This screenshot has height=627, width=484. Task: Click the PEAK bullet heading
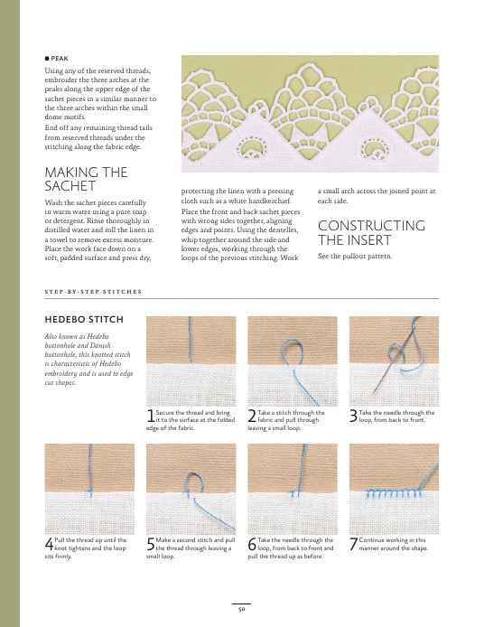tap(57, 59)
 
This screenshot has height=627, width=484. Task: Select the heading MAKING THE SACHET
tap(86, 179)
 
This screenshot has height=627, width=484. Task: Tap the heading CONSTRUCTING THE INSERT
tap(371, 233)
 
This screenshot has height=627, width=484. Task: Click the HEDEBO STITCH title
tap(84, 320)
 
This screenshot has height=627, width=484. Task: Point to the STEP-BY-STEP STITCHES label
tap(93, 292)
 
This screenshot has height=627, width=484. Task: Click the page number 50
tap(241, 609)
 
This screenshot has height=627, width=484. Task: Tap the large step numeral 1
tap(150, 416)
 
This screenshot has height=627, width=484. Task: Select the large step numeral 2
tap(252, 416)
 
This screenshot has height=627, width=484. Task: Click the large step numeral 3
tap(353, 416)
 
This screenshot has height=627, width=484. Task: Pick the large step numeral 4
tap(49, 544)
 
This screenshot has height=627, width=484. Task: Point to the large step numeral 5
tap(150, 544)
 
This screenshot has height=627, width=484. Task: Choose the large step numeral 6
tap(252, 544)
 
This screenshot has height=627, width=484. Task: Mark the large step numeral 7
tap(353, 544)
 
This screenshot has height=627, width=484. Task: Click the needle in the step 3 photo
tap(394, 356)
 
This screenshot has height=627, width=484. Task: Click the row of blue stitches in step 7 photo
tap(394, 493)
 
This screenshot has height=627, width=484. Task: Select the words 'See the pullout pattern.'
tap(355, 256)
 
